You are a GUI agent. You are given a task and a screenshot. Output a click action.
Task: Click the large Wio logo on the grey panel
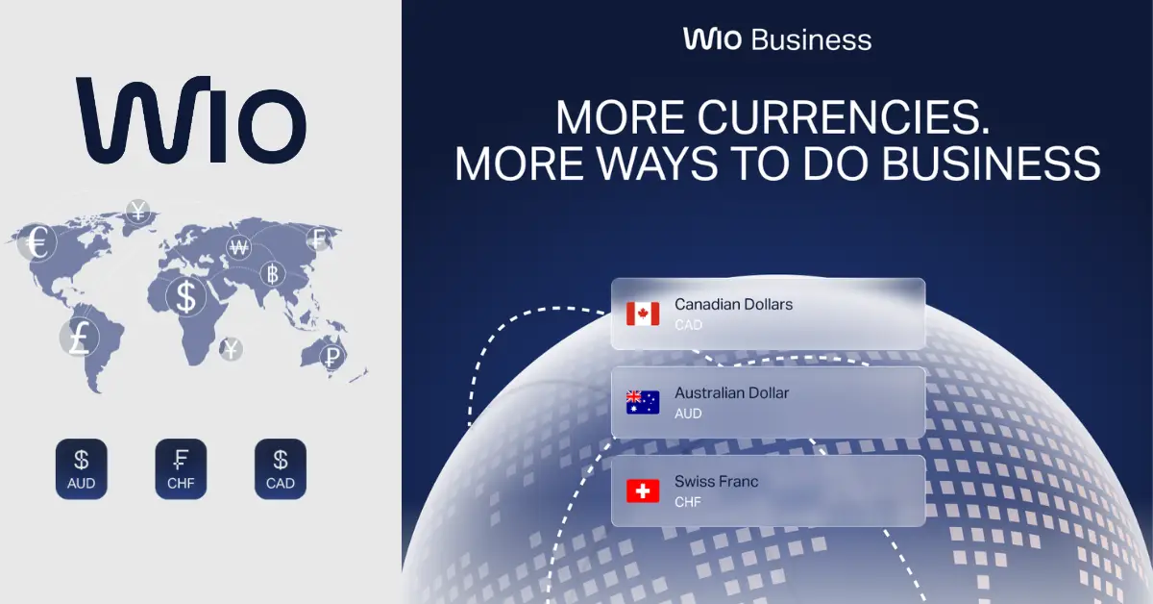[191, 120]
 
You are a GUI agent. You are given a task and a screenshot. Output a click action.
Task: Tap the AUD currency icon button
[82, 469]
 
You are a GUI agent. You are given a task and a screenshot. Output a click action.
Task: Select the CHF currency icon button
[181, 469]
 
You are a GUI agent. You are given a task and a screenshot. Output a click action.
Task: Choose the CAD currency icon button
[281, 469]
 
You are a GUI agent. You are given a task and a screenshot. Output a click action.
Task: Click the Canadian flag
[643, 314]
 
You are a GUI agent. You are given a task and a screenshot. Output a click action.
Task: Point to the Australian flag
[643, 402]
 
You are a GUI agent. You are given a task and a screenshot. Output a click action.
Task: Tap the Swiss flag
[643, 491]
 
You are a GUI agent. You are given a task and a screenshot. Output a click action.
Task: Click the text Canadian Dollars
[733, 304]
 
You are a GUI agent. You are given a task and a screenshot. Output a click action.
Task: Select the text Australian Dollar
[731, 392]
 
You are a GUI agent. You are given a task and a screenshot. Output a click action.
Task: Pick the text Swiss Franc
[716, 481]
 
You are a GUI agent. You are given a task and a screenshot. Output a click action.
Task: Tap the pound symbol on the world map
[79, 339]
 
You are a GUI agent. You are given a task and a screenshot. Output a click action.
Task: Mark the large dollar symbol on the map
[185, 296]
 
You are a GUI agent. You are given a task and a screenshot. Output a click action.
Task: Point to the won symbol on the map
[238, 248]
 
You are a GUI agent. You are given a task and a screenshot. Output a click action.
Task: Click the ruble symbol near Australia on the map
[332, 358]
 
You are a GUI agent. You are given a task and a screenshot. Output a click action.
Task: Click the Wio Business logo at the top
[777, 39]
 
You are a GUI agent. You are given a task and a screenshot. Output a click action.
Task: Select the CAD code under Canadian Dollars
[688, 325]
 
